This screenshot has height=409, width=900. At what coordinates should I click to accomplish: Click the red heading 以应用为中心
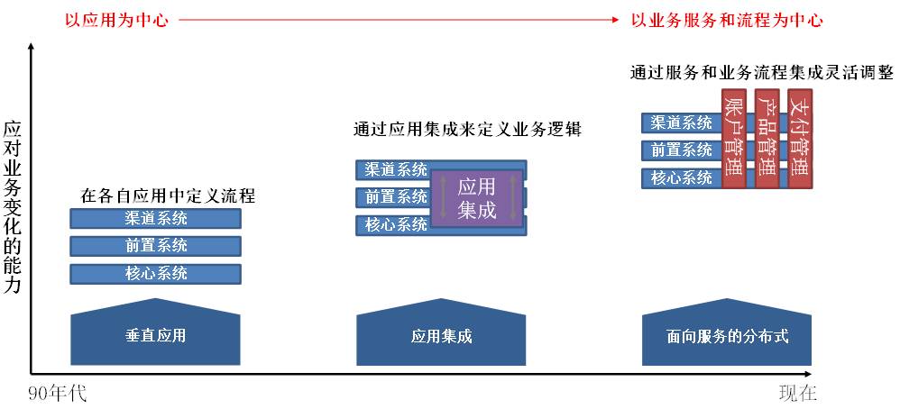coord(115,19)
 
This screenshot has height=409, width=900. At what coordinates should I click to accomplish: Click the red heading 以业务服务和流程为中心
coord(727,19)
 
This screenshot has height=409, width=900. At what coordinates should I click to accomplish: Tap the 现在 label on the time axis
coord(797,394)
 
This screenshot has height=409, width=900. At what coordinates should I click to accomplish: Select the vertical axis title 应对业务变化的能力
coord(13,208)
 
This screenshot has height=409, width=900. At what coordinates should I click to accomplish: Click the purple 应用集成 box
coord(476,198)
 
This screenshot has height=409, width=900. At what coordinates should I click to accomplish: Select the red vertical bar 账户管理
coord(734,138)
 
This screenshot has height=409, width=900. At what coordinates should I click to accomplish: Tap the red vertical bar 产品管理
coord(767,138)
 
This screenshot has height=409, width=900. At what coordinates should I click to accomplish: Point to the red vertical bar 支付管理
coord(799,138)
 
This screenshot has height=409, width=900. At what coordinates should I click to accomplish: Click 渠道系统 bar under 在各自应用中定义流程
coord(156,218)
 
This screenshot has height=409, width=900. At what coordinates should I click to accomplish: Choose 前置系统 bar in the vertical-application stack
coord(156,246)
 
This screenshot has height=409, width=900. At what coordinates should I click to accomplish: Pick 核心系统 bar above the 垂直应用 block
coord(156,274)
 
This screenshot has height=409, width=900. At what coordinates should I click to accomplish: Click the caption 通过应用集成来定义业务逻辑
coord(467,129)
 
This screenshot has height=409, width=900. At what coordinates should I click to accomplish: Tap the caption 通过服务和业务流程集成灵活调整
coord(760,73)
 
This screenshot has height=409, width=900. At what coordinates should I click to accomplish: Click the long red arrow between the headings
coord(397,19)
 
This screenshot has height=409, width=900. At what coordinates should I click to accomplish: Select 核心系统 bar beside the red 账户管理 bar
coord(682,177)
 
